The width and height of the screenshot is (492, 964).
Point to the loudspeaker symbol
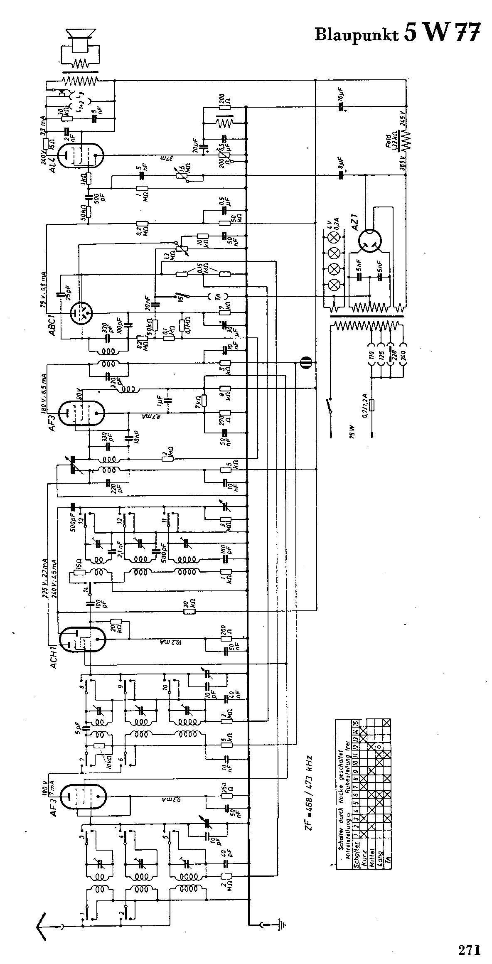(81, 39)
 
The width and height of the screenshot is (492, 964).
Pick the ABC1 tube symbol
(81, 312)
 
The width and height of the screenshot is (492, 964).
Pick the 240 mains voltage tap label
(402, 357)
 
